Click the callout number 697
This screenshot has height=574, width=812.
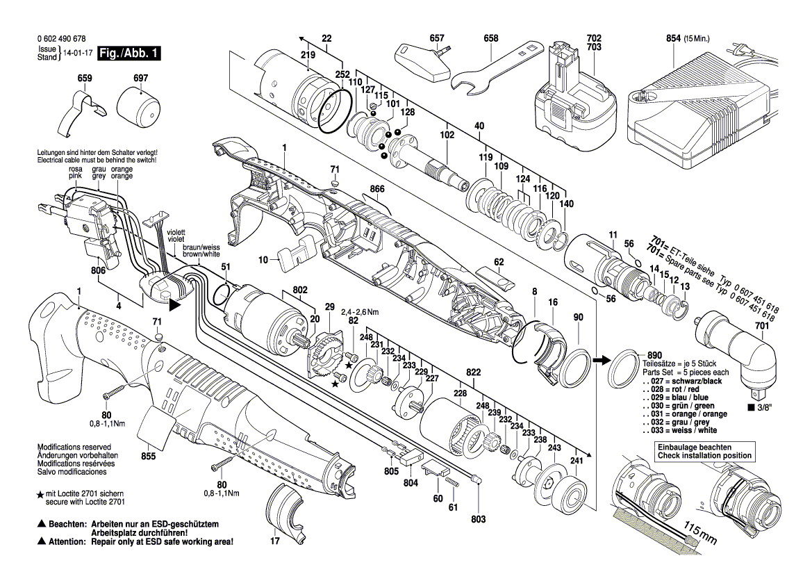coord(140,78)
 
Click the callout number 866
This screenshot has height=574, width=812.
coord(377,188)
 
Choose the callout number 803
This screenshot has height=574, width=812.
coord(479,519)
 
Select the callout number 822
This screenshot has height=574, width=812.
coord(474,372)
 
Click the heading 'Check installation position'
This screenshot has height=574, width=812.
coord(704,456)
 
